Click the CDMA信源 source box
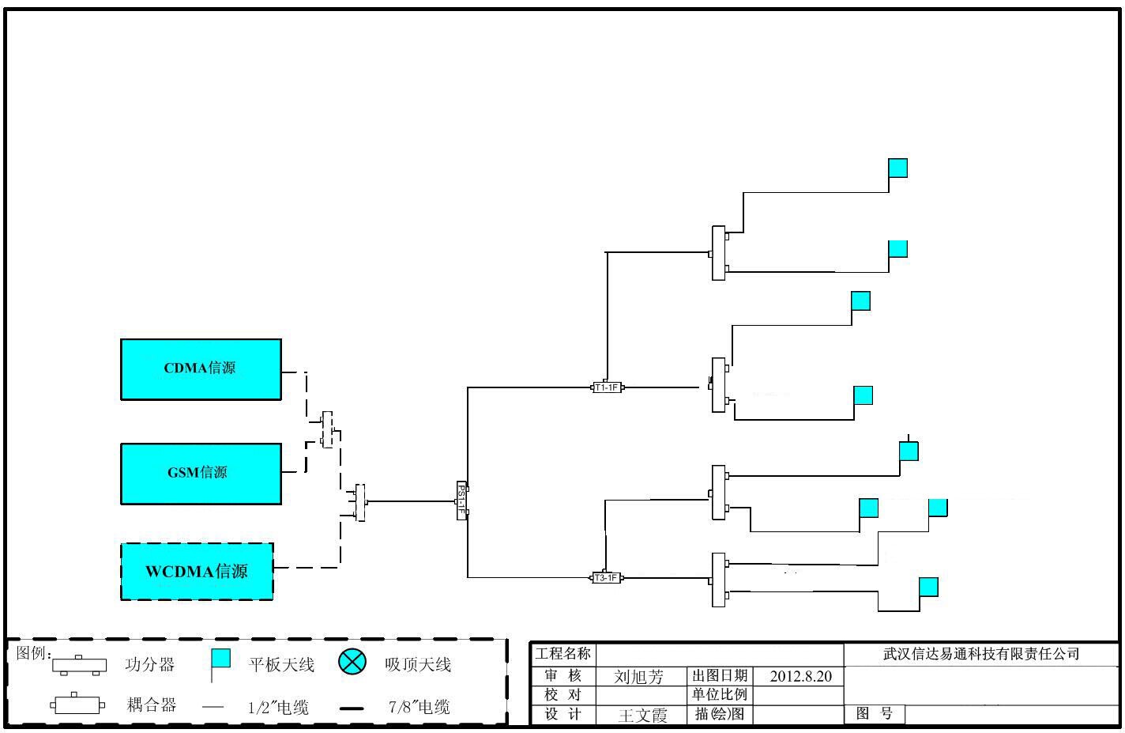(x=201, y=369)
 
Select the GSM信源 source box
(x=201, y=473)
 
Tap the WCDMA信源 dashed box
(x=197, y=571)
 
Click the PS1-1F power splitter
(x=462, y=501)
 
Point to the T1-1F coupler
(x=607, y=387)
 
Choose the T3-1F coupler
(x=606, y=577)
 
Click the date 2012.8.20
(x=801, y=676)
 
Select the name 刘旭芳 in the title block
(x=639, y=677)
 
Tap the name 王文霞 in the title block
(x=642, y=715)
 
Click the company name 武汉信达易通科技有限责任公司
(x=981, y=654)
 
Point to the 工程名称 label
(x=563, y=654)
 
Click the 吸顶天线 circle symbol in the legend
(x=352, y=662)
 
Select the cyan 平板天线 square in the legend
(x=221, y=659)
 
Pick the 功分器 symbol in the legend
(x=79, y=664)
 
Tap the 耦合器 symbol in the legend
(x=77, y=704)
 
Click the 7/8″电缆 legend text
(x=419, y=707)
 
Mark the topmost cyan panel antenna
(x=897, y=168)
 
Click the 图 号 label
(x=875, y=714)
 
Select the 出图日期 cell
(x=720, y=676)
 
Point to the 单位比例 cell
(x=720, y=695)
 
